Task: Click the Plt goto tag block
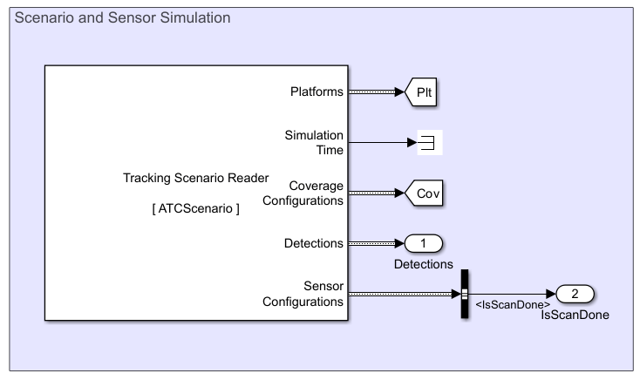click(423, 92)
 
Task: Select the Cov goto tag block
click(425, 193)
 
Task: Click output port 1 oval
click(424, 243)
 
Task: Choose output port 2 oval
click(575, 294)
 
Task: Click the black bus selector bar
click(464, 294)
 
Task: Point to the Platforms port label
click(316, 92)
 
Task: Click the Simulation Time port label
click(314, 142)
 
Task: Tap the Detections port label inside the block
click(314, 243)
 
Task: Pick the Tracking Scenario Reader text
click(195, 179)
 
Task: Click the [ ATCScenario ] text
click(195, 209)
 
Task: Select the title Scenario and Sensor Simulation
click(123, 17)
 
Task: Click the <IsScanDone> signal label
click(512, 305)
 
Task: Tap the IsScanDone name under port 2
click(575, 315)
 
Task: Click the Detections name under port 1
click(424, 263)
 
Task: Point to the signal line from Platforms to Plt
click(375, 92)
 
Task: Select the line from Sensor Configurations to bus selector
click(401, 294)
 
